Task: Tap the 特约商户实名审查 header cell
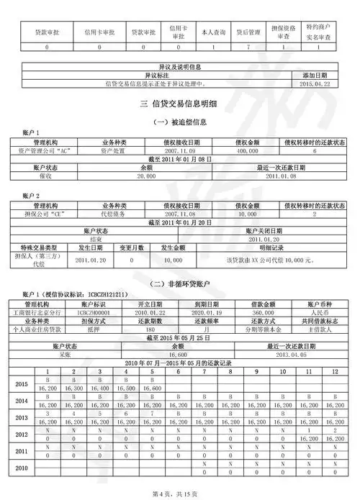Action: (x=318, y=32)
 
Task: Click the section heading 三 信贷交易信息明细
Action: (x=179, y=104)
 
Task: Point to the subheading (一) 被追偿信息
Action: (x=179, y=123)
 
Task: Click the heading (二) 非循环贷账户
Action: (x=179, y=284)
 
